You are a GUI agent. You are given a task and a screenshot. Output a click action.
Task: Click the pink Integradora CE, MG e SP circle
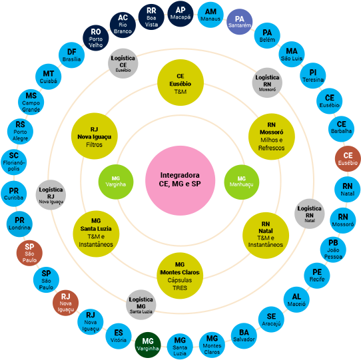(180, 179)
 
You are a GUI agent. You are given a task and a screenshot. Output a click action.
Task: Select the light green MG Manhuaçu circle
(246, 180)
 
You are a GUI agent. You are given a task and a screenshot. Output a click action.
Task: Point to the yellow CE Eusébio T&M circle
(180, 83)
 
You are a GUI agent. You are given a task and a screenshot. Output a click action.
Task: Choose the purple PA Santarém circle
(240, 21)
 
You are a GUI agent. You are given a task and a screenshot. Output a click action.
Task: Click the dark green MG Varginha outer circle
(149, 343)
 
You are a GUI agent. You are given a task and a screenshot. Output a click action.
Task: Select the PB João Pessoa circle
(333, 248)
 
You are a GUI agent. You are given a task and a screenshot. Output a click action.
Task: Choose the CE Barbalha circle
(342, 128)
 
